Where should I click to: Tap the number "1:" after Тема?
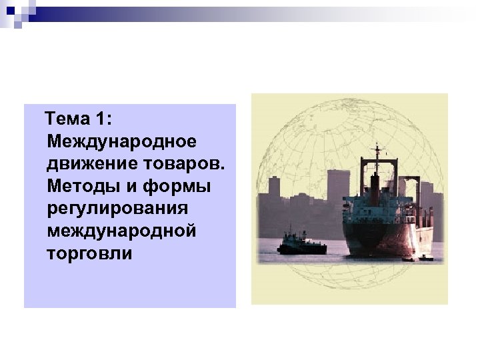pyautogui.click(x=105, y=119)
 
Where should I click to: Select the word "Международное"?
pyautogui.click(x=121, y=141)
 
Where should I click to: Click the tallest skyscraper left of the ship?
pyautogui.click(x=337, y=187)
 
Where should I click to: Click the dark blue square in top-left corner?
pyautogui.click(x=9, y=9)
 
